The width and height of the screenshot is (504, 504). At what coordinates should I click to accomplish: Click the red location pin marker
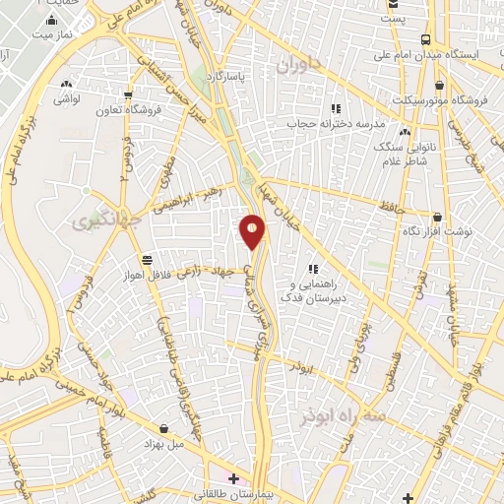pos(253,231)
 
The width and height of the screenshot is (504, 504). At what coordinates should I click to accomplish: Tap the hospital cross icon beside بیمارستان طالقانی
pos(233,479)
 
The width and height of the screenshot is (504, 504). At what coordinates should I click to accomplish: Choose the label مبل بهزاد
pos(164,443)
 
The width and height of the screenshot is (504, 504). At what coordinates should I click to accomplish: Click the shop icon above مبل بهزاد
pos(164,428)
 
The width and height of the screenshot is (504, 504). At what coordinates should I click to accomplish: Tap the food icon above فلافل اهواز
pos(147,260)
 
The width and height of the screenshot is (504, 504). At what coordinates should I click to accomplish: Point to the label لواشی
pos(66,99)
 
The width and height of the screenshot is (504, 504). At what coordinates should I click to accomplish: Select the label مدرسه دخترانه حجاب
pos(334,125)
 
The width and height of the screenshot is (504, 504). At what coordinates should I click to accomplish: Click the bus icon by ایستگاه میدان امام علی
pos(424,40)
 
